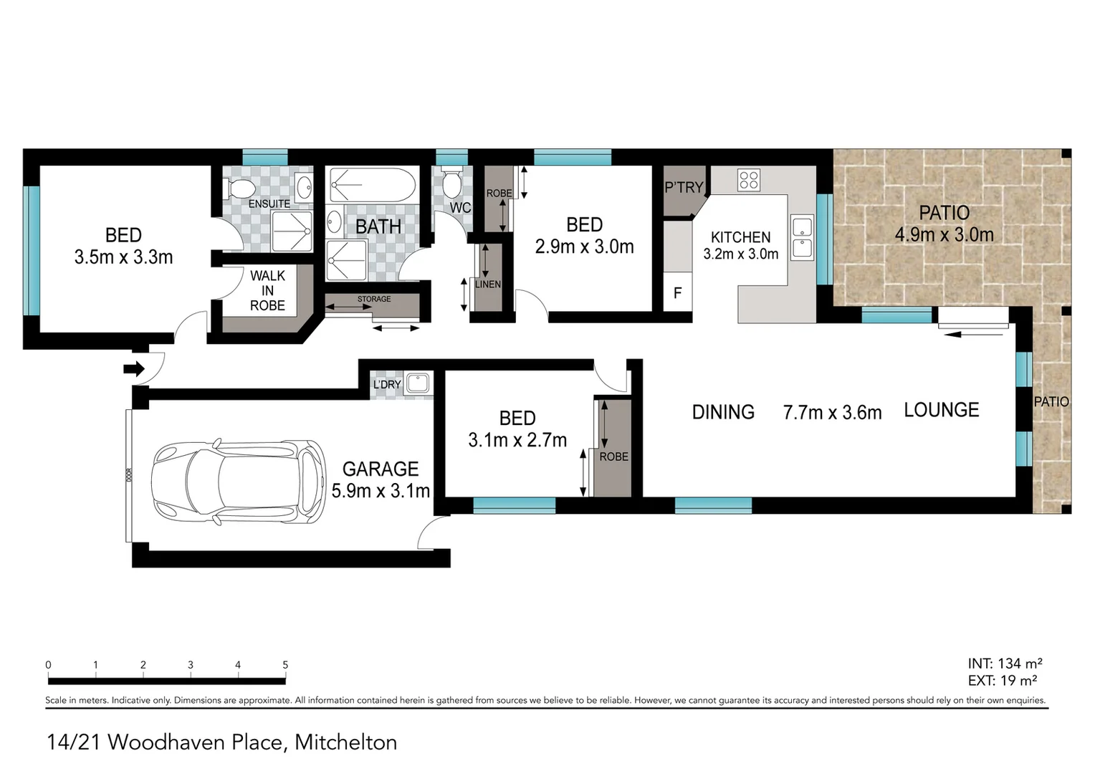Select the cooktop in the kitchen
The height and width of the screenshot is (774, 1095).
pyautogui.click(x=749, y=179)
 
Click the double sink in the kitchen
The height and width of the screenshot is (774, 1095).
pyautogui.click(x=801, y=237)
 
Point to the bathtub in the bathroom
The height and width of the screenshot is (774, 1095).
pyautogui.click(x=373, y=185)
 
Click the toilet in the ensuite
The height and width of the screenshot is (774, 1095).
pyautogui.click(x=240, y=188)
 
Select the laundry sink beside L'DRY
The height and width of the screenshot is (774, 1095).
pyautogui.click(x=416, y=383)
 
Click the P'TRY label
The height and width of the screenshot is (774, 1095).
pyautogui.click(x=684, y=188)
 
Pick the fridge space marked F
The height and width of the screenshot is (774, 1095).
pyautogui.click(x=677, y=293)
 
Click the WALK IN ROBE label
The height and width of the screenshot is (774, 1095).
pyautogui.click(x=267, y=290)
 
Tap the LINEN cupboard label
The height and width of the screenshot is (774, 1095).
pyautogui.click(x=488, y=285)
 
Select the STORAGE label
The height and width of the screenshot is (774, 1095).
pyautogui.click(x=374, y=299)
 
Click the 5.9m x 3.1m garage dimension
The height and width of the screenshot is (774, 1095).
pyautogui.click(x=381, y=491)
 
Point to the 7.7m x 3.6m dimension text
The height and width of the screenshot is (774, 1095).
pyautogui.click(x=832, y=413)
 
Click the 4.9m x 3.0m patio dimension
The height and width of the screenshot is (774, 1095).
pyautogui.click(x=944, y=234)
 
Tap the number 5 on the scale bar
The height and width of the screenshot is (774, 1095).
pyautogui.click(x=285, y=665)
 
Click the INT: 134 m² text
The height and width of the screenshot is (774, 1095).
pyautogui.click(x=1005, y=664)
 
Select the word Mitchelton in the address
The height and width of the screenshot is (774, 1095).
pyautogui.click(x=345, y=742)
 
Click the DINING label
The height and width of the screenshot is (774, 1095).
pyautogui.click(x=723, y=412)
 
